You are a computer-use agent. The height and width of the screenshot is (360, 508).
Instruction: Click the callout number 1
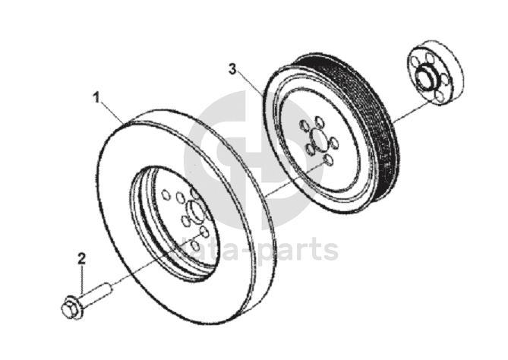click(96, 96)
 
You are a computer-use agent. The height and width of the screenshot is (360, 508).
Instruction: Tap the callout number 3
click(234, 70)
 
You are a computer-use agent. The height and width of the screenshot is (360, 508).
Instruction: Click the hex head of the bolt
click(68, 308)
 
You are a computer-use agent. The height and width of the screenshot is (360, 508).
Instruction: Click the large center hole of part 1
click(194, 214)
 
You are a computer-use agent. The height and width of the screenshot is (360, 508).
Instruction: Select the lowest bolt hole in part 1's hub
click(196, 245)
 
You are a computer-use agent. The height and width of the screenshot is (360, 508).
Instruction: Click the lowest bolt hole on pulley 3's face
click(327, 160)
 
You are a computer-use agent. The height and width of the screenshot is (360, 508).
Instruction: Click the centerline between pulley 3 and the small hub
click(402, 113)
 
